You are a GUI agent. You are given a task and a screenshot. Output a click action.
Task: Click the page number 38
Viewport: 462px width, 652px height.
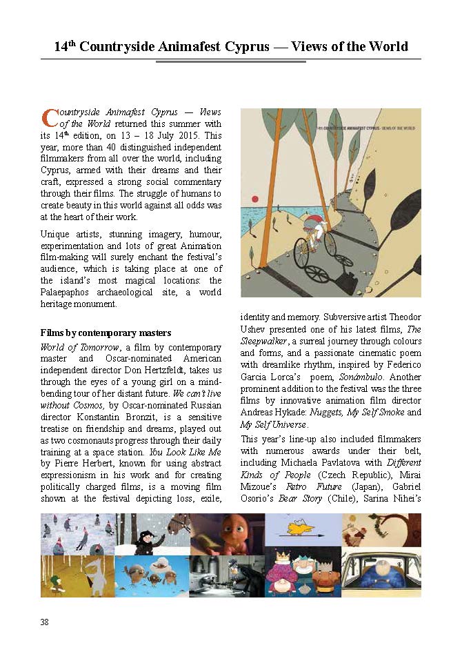click(45, 622)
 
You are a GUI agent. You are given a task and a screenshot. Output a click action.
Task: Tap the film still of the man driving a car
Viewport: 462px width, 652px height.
click(381, 575)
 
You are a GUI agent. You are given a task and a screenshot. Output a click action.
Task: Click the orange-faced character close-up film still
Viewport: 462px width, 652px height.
click(228, 533)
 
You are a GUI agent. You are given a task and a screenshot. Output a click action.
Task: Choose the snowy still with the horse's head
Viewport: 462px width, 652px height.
click(152, 533)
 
